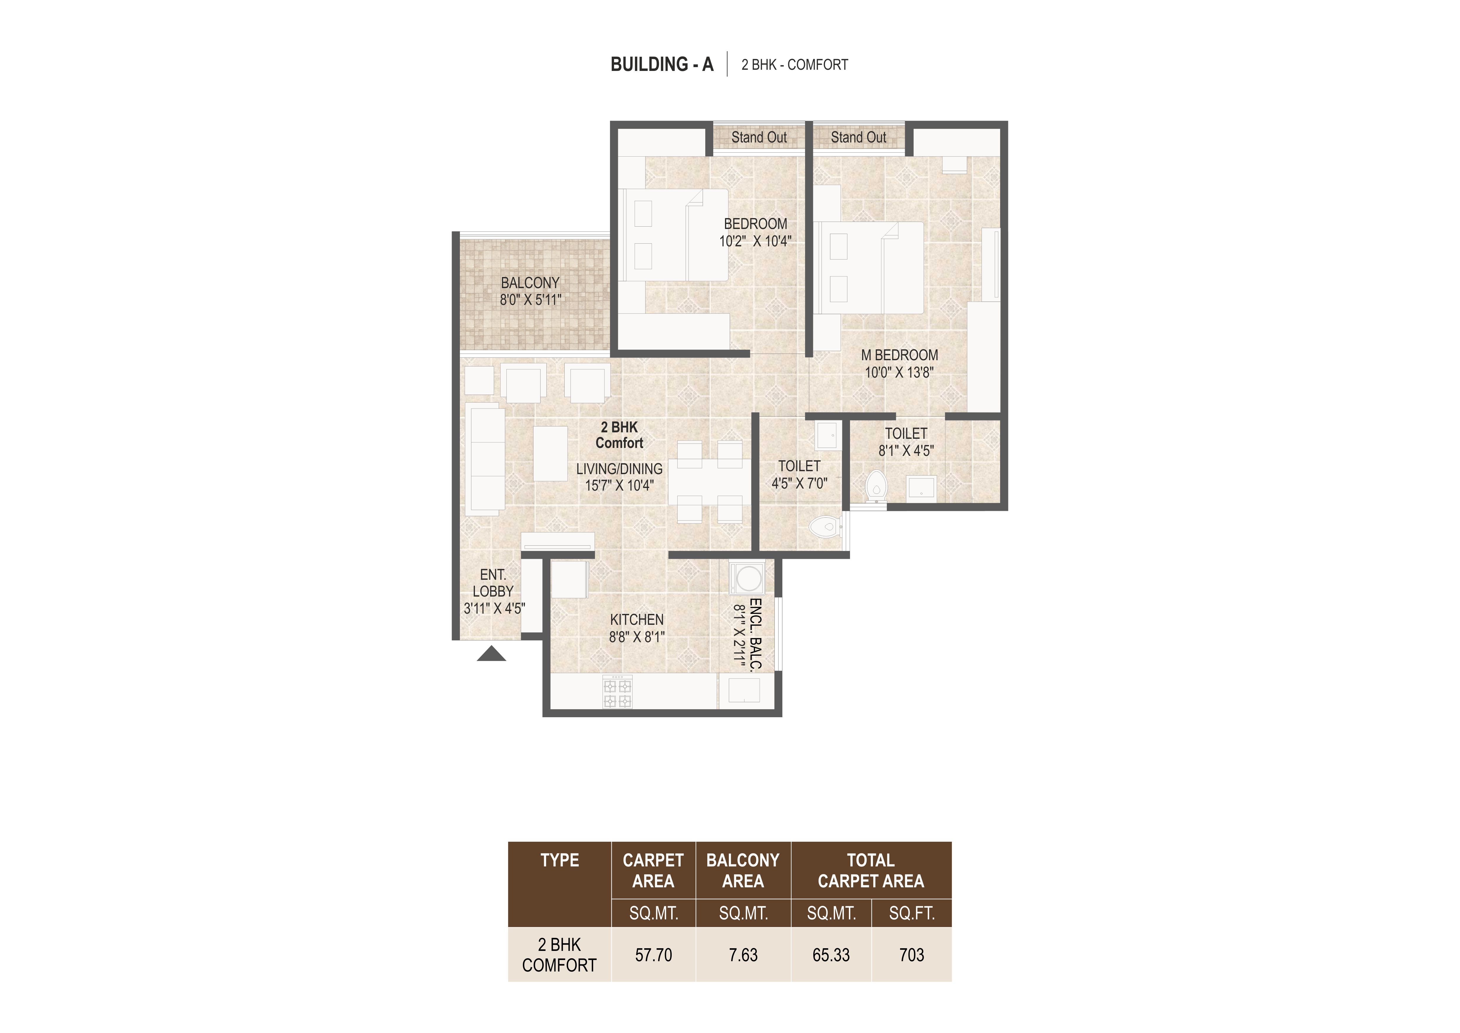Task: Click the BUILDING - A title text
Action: tap(662, 64)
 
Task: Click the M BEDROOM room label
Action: tap(899, 355)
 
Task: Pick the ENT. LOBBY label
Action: tap(493, 583)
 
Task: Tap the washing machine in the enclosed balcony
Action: tap(749, 578)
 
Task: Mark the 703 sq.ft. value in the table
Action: tap(911, 955)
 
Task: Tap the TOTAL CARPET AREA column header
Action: tap(871, 871)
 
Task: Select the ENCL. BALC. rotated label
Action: tap(755, 634)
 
